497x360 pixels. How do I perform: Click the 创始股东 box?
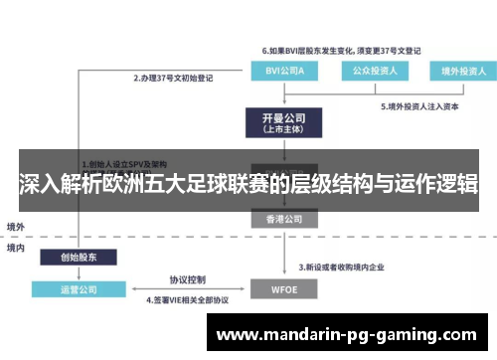[79, 257]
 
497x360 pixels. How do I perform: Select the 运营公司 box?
[79, 290]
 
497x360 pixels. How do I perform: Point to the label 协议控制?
[187, 279]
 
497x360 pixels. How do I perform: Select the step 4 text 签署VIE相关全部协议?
[189, 299]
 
